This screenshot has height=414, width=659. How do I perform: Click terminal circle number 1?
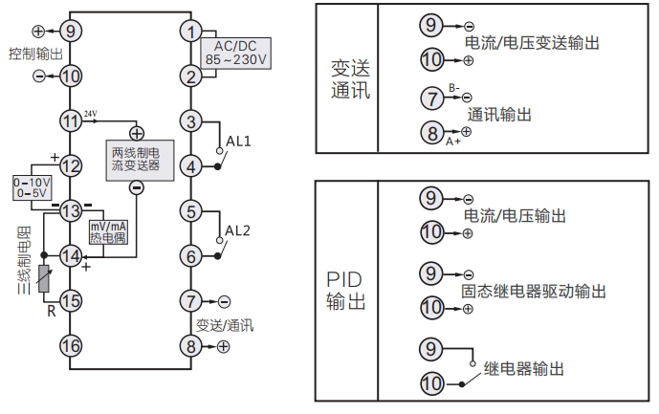(191, 31)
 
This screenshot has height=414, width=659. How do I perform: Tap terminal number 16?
(70, 345)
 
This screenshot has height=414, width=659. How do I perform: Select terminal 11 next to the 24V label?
(70, 121)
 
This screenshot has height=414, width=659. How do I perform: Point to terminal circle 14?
(70, 255)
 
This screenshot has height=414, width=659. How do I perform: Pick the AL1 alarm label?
(238, 141)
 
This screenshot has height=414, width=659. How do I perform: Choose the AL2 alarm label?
(238, 230)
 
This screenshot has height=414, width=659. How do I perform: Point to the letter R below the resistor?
(51, 310)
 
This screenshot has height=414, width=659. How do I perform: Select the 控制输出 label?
(35, 53)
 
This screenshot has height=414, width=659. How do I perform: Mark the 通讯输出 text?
(500, 114)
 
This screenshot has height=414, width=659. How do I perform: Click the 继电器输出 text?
(523, 368)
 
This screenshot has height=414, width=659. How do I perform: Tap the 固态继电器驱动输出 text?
(534, 291)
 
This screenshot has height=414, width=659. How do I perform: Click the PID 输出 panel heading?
(346, 291)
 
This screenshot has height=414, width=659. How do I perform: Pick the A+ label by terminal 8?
(453, 141)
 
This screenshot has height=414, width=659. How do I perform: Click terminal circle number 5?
(191, 211)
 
